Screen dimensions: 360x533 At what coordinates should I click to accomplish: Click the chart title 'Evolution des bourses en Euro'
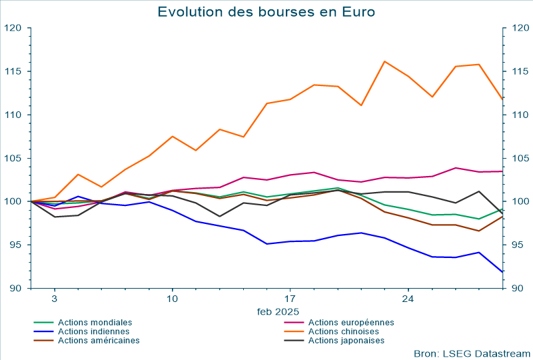[x=266, y=12]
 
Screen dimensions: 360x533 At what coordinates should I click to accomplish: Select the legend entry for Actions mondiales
[x=95, y=322]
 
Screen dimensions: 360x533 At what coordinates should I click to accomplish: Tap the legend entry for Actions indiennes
[x=94, y=331]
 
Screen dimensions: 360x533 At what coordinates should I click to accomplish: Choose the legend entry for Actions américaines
[x=99, y=341]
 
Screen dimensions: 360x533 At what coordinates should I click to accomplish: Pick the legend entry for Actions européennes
[x=351, y=322]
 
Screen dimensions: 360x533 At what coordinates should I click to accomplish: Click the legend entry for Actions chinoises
[x=344, y=331]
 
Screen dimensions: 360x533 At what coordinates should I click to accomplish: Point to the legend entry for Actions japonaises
[x=346, y=341]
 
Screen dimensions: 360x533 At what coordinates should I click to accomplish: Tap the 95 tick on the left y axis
[x=15, y=245]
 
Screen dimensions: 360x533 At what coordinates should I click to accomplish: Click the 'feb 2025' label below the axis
[x=278, y=311]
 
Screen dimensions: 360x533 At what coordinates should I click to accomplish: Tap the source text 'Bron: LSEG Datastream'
[x=472, y=353]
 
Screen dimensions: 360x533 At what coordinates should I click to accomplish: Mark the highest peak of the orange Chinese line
[x=384, y=61]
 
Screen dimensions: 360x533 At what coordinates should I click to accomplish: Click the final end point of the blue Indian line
[x=502, y=272]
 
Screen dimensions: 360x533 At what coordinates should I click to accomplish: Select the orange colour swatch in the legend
[x=294, y=331]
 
